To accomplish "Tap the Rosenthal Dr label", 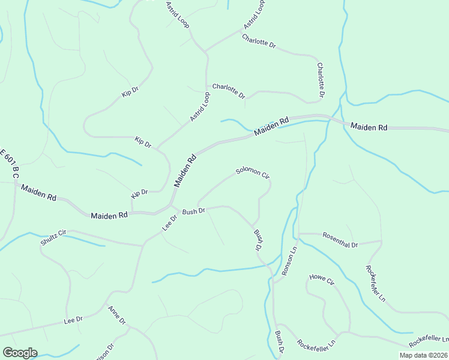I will pos(340,240).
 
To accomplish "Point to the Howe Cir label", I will pos(321,280).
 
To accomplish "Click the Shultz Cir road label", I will pos(53,237).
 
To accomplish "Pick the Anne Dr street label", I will pos(116,316).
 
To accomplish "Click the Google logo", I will pos(20,353).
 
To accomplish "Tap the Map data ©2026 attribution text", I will pos(424,355).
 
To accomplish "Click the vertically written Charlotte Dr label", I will pos(321,80).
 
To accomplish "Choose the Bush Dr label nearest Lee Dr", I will pos(194,211).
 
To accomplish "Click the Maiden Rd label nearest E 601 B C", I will pos(38,193).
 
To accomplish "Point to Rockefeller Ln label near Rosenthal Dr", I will pos(375,283).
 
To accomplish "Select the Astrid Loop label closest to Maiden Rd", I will pos(200,107).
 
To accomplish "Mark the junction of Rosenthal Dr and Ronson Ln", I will pos(299,233).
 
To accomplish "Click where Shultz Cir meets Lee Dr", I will pos(142,245).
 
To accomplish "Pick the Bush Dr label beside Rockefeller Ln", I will pos(280,340).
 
